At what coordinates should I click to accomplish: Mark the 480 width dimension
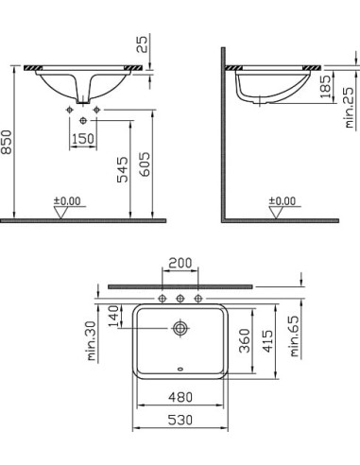180,398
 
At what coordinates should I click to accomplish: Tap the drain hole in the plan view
180,329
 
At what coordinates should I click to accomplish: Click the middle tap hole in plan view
180,300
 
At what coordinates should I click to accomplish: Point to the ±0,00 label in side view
281,200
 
